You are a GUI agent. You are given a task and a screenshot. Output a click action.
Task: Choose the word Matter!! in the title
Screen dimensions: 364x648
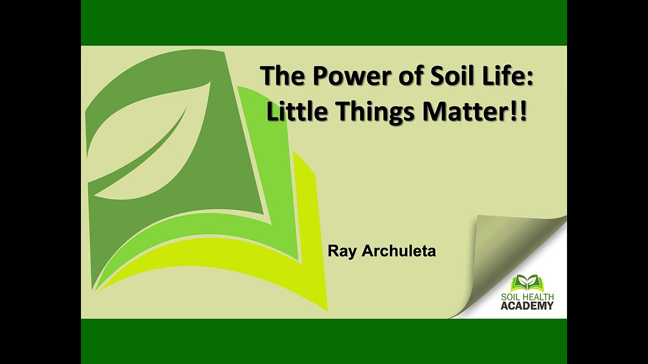475,112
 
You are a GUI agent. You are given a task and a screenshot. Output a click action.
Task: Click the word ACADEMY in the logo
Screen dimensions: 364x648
527,306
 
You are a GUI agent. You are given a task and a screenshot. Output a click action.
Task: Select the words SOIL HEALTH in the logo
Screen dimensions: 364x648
527,297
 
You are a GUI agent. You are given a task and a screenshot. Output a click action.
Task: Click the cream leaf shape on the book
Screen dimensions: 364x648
152,147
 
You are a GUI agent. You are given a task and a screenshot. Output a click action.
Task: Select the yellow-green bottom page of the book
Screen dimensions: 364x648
228,268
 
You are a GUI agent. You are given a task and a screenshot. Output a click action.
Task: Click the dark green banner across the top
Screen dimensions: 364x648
324,23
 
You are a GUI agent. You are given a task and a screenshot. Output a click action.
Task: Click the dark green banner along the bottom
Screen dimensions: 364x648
324,341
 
